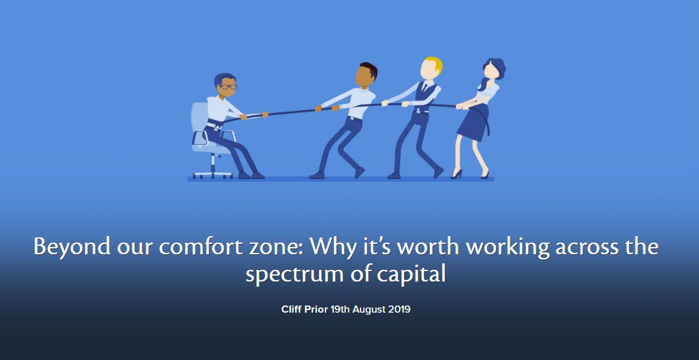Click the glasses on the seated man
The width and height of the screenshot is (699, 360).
pos(228,86)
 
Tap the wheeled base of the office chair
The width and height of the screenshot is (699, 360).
pos(213,173)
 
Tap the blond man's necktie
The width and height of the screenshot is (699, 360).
pos(425,88)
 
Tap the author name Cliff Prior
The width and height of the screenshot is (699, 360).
pos(303,309)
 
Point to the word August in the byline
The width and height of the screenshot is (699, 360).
pos(361,309)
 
